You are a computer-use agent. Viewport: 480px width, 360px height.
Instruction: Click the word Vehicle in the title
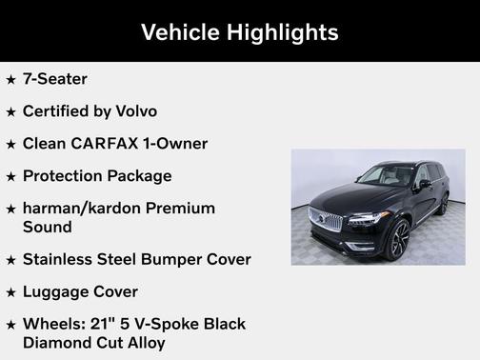180,32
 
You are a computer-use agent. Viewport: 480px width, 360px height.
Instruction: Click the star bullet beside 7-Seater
10,79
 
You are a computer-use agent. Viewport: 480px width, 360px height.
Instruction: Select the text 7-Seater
55,79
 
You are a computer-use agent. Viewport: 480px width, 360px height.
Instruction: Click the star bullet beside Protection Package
10,176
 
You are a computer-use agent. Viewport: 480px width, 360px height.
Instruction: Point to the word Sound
48,228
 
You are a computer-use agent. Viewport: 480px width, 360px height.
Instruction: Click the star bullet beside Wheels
10,324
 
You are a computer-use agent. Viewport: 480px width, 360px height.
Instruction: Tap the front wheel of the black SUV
398,238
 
